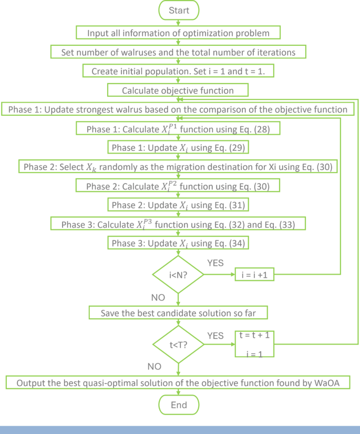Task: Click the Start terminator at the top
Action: [179, 11]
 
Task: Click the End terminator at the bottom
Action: [179, 406]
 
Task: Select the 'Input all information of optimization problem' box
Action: [179, 33]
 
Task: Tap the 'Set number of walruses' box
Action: [179, 52]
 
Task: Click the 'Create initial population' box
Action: [178, 72]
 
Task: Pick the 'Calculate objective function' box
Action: [178, 90]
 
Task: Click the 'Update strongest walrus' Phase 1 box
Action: [178, 109]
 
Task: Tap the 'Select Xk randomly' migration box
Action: [179, 167]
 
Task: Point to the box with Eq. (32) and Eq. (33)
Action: [178, 224]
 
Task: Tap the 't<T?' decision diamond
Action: [179, 345]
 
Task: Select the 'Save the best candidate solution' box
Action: [179, 313]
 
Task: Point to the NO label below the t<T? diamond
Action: [153, 366]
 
